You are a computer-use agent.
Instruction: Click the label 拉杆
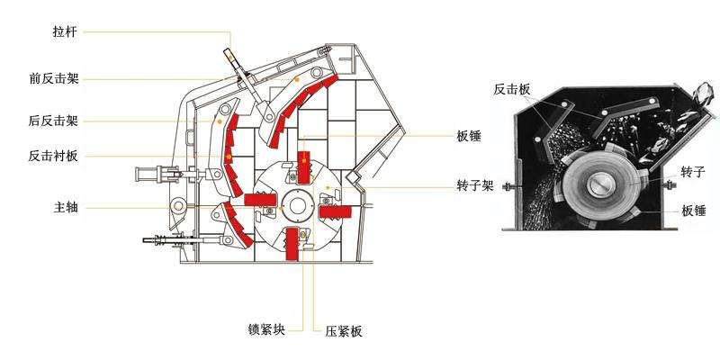pyautogui.click(x=65, y=32)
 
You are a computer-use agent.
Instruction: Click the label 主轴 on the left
pyautogui.click(x=65, y=208)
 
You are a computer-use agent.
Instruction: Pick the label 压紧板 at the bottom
pyautogui.click(x=343, y=331)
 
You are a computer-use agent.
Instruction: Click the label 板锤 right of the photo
pyautogui.click(x=694, y=211)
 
